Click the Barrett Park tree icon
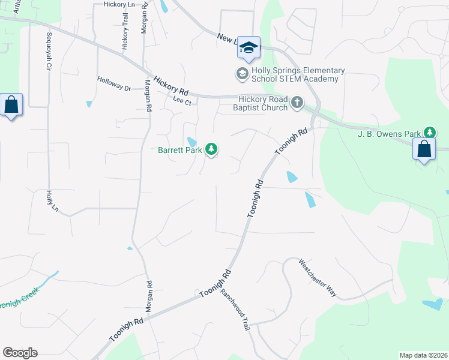coord(211,149)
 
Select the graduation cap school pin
coord(248,47)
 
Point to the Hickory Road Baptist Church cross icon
coord(297,103)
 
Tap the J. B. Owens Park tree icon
coord(430,132)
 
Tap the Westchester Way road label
coord(318,278)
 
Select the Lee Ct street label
coord(181,101)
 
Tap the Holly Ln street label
coord(52,201)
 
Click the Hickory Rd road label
coord(171,86)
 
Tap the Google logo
coord(20,353)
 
